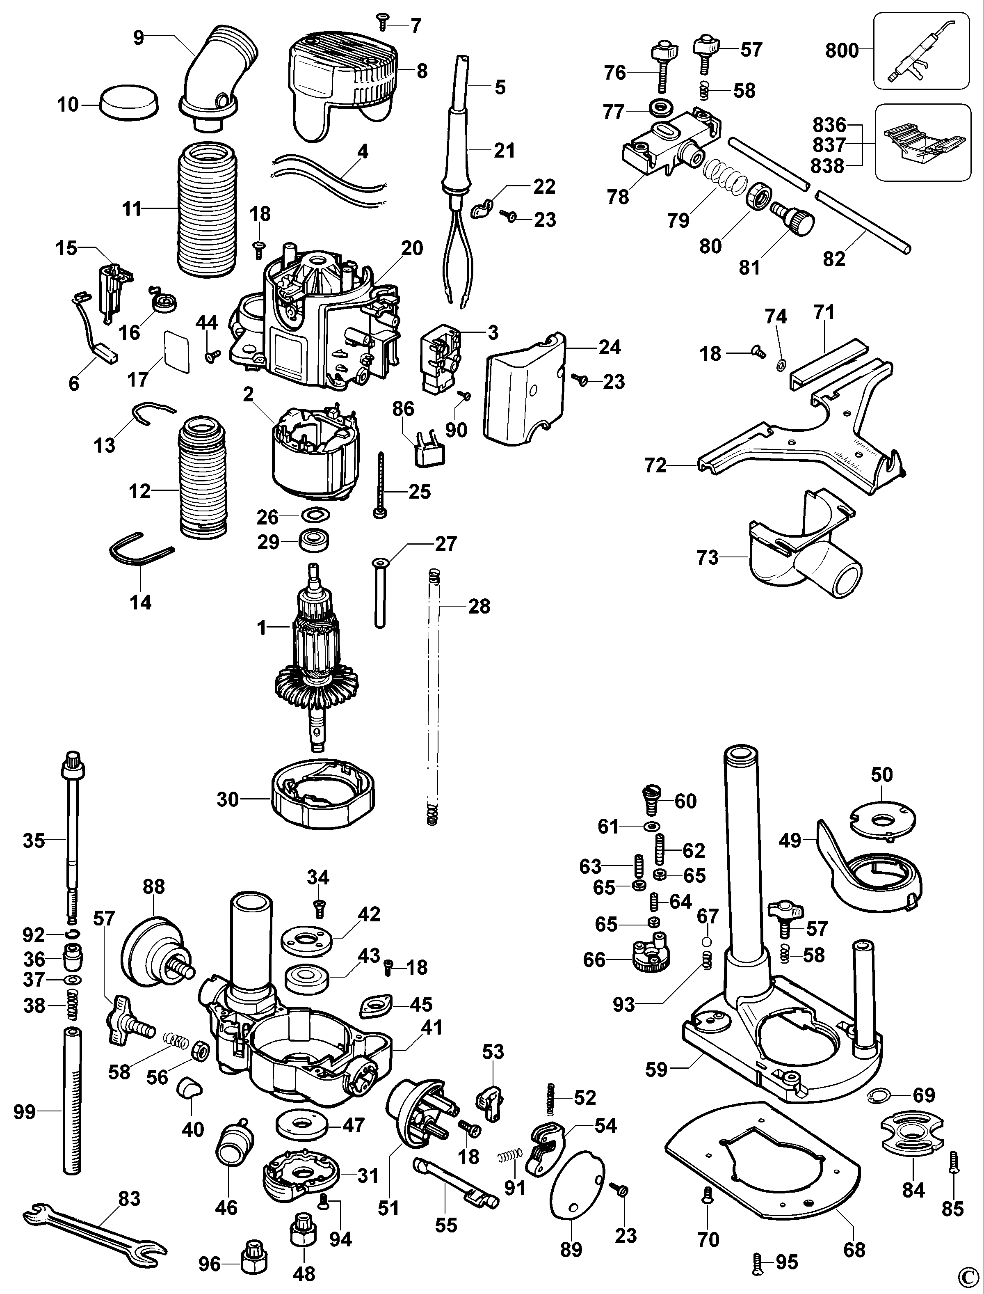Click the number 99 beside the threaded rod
[x=25, y=1112]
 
